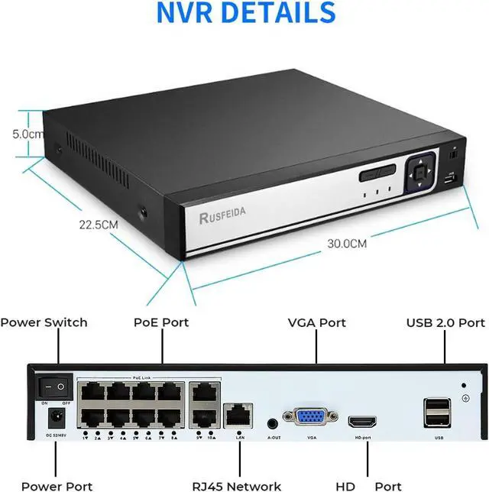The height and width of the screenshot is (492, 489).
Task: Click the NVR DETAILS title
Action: [245, 13]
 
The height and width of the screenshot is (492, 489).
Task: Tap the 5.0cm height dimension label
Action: [28, 133]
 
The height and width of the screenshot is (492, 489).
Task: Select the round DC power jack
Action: [56, 418]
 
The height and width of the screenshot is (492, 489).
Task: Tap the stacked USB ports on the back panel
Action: [438, 413]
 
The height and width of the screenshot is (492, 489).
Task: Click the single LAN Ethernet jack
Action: [240, 416]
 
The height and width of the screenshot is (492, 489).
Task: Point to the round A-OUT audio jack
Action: [272, 422]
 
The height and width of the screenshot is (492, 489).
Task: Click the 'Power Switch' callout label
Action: [44, 322]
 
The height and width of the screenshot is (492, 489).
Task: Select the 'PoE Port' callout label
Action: [161, 322]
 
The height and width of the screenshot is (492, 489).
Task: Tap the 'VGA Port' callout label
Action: [316, 322]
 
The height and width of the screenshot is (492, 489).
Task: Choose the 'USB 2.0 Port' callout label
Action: [445, 322]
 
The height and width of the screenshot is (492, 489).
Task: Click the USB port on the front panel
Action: [450, 181]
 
